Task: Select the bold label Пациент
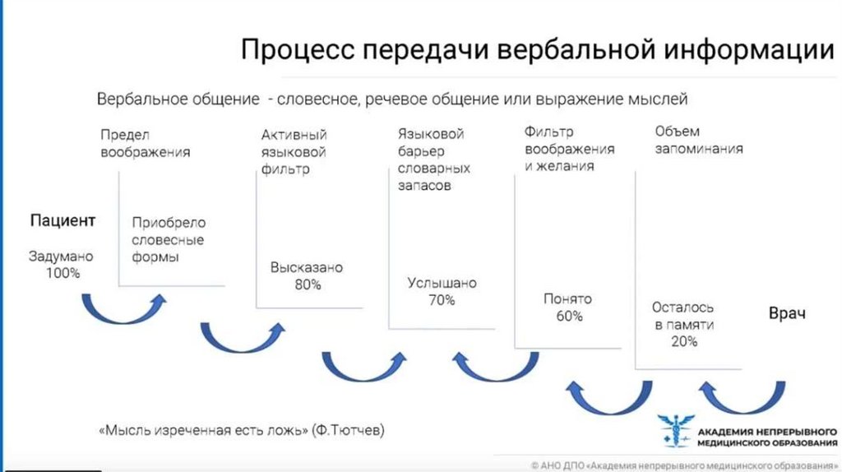pos(63,220)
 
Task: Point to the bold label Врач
pos(787,313)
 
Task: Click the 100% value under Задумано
pos(63,272)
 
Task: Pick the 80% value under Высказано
pos(307,285)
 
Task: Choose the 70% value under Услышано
pos(442,300)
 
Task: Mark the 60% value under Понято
pos(568,316)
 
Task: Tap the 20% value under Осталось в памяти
pos(683,341)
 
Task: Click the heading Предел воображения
pos(146,142)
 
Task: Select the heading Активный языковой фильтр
pos(294,153)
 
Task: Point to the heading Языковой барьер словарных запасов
pos(433,160)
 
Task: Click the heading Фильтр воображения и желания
pos(570,148)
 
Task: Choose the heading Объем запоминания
pos(699,140)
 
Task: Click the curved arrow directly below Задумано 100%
pos(123,311)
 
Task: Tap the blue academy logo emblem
pos(675,431)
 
